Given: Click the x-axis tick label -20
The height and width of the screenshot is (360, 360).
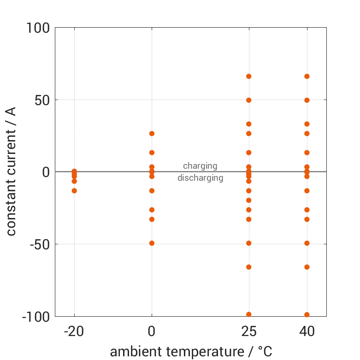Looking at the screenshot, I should (74, 332).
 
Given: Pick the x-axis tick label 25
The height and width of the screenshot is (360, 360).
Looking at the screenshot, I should (249, 332).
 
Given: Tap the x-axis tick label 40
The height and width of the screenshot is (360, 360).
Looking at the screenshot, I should (307, 332).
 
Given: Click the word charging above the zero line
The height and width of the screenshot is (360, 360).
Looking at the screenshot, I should (200, 166).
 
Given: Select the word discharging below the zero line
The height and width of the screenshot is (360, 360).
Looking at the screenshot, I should (200, 178).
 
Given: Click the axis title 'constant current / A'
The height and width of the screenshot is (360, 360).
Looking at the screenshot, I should (12, 171).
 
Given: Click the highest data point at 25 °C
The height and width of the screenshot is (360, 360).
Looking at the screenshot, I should (249, 77).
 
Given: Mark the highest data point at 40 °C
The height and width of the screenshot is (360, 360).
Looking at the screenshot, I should (307, 77).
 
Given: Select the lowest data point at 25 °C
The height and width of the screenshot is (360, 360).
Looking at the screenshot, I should (249, 314).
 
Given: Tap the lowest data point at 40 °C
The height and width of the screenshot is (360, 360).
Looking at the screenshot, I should (307, 314).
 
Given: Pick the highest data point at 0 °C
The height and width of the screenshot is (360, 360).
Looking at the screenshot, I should (152, 134).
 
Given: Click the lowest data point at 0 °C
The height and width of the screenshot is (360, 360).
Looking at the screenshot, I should (152, 243).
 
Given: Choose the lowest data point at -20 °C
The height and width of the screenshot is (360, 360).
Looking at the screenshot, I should (74, 191).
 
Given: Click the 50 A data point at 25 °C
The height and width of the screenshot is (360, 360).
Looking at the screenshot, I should (249, 100).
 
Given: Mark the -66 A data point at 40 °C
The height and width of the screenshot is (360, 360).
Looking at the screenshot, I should (307, 267).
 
